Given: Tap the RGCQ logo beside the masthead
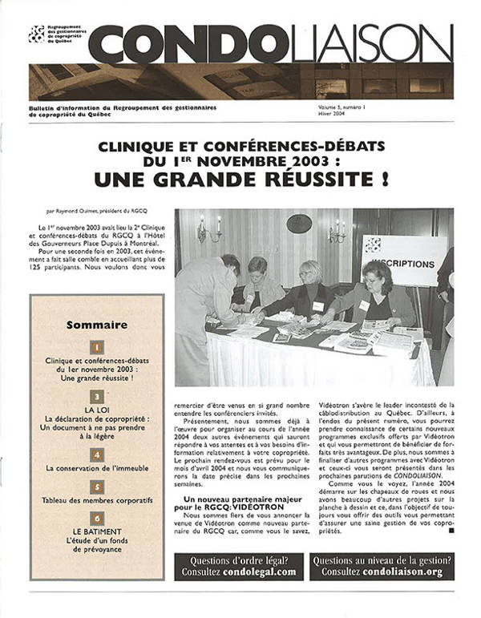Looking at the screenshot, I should click(36, 34).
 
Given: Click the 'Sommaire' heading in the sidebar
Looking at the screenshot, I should click(96, 325).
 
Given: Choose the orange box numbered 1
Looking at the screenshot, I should click(96, 348).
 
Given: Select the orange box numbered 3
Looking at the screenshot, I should click(96, 396).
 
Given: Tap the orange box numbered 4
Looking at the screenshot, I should click(96, 454).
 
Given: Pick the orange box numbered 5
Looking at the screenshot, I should click(96, 487).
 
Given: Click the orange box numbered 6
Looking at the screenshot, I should click(96, 519).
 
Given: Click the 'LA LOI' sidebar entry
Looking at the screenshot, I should click(96, 408).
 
